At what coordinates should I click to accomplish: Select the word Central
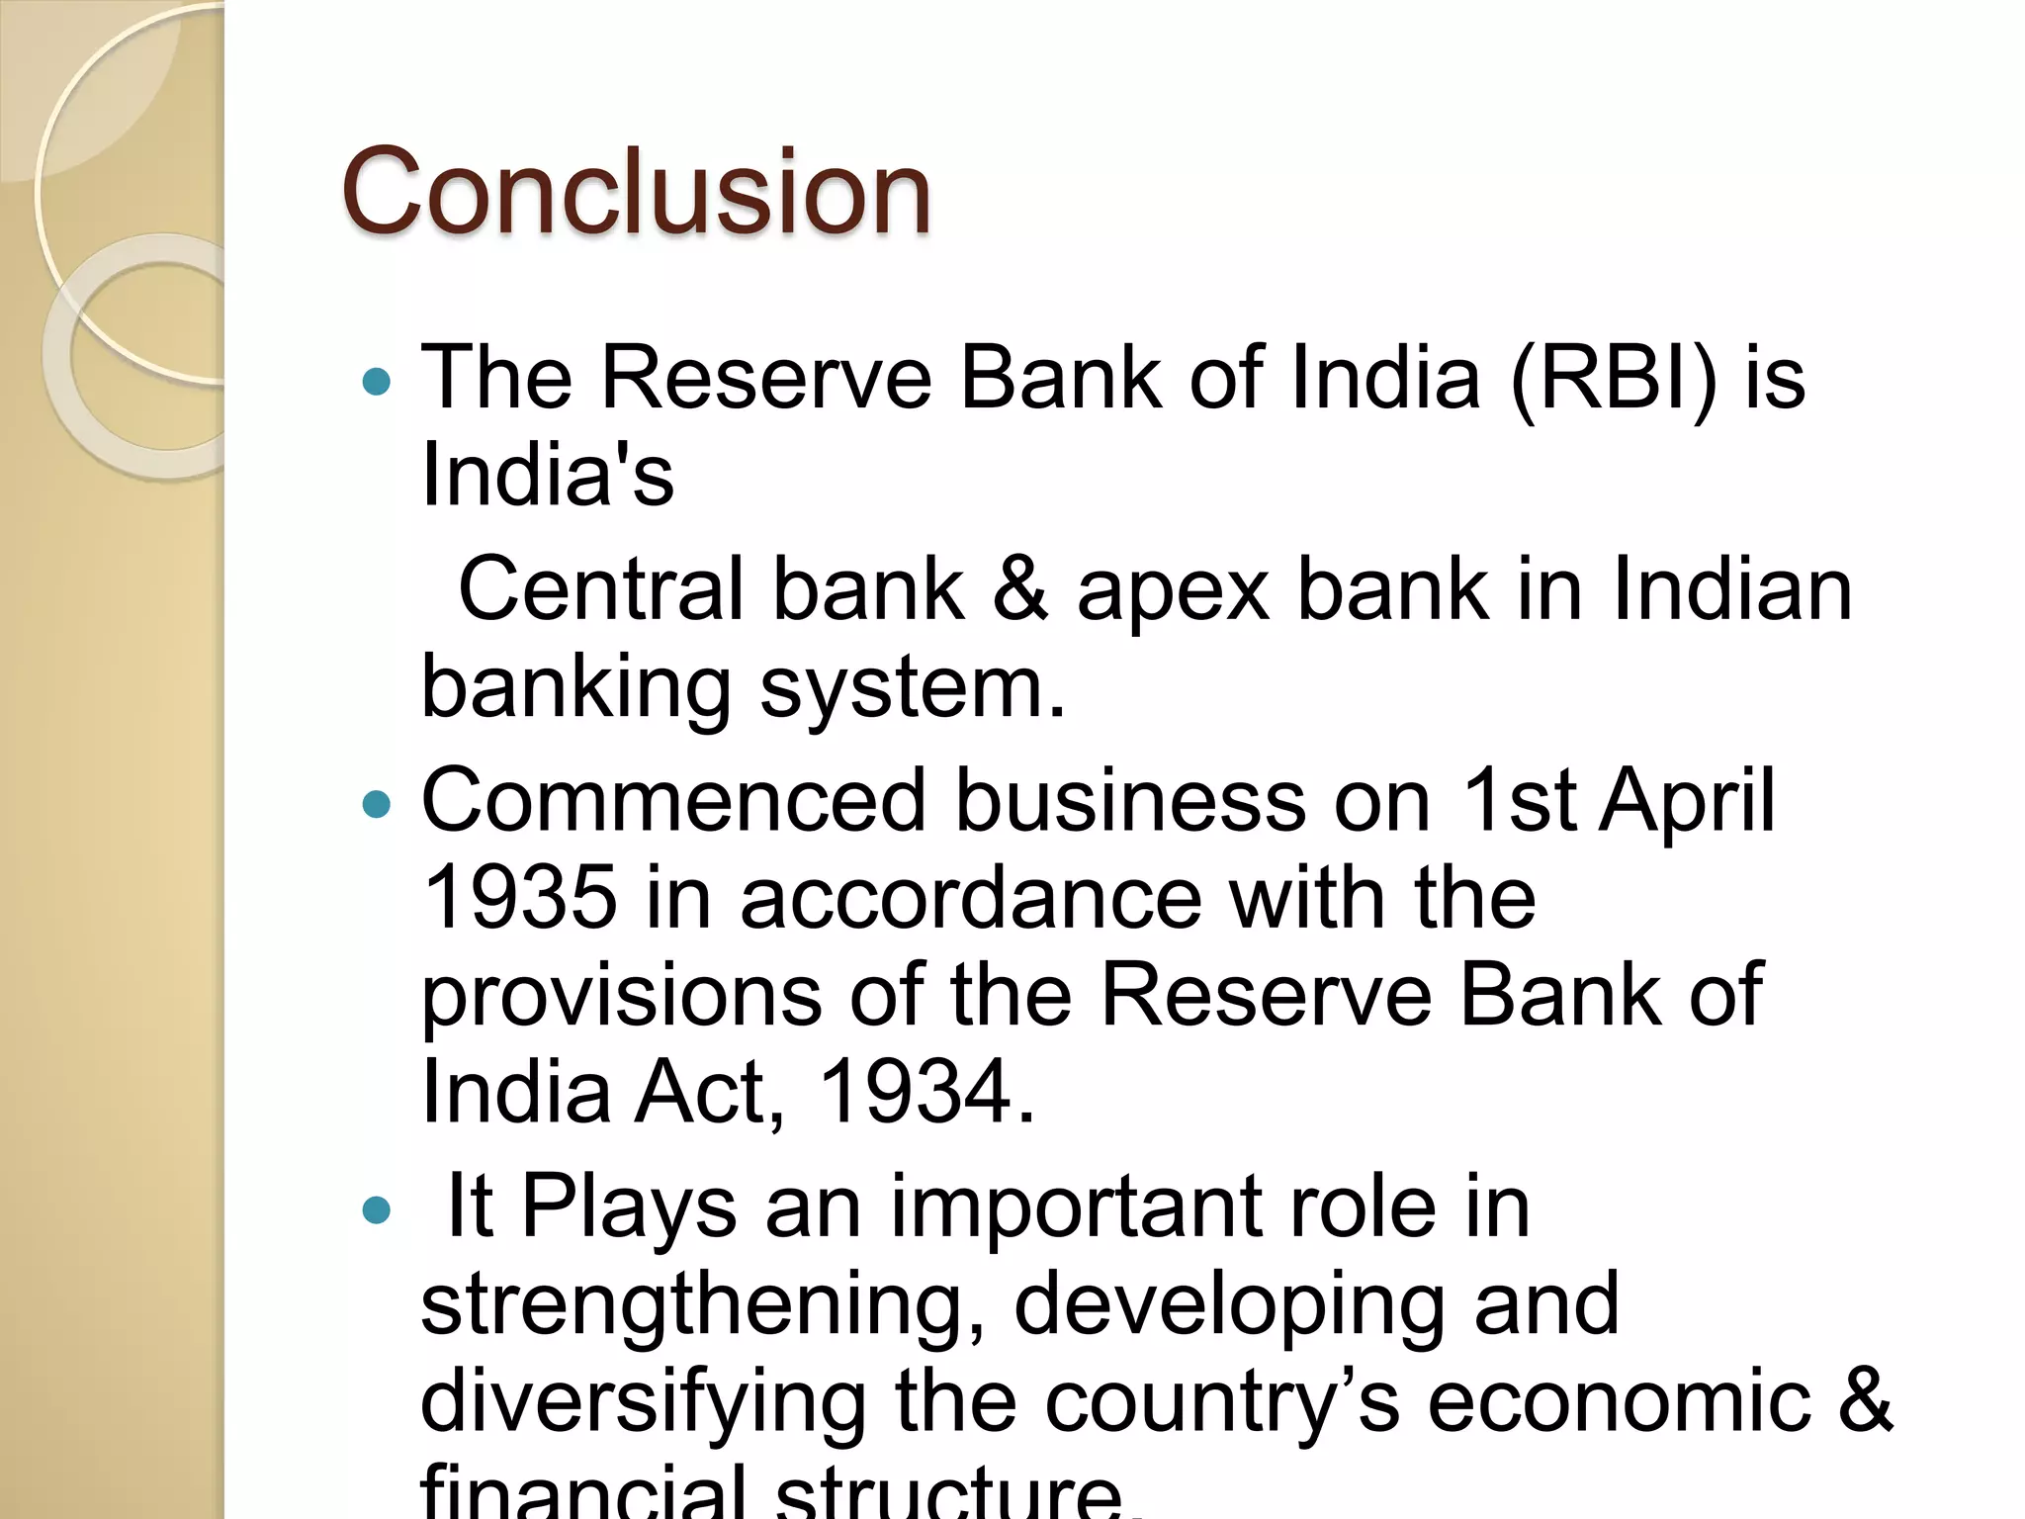(601, 590)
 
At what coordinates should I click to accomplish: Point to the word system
(913, 688)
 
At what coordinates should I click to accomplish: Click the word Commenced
(673, 800)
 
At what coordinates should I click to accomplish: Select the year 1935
(520, 897)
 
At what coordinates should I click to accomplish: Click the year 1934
(926, 1092)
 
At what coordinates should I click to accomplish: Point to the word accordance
(971, 897)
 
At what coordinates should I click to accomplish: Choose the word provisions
(621, 997)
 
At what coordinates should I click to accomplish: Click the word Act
(709, 1092)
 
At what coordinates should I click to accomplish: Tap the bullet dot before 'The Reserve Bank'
(377, 382)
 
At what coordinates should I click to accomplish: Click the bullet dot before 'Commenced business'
(377, 804)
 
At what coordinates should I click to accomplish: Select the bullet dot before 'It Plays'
(377, 1209)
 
